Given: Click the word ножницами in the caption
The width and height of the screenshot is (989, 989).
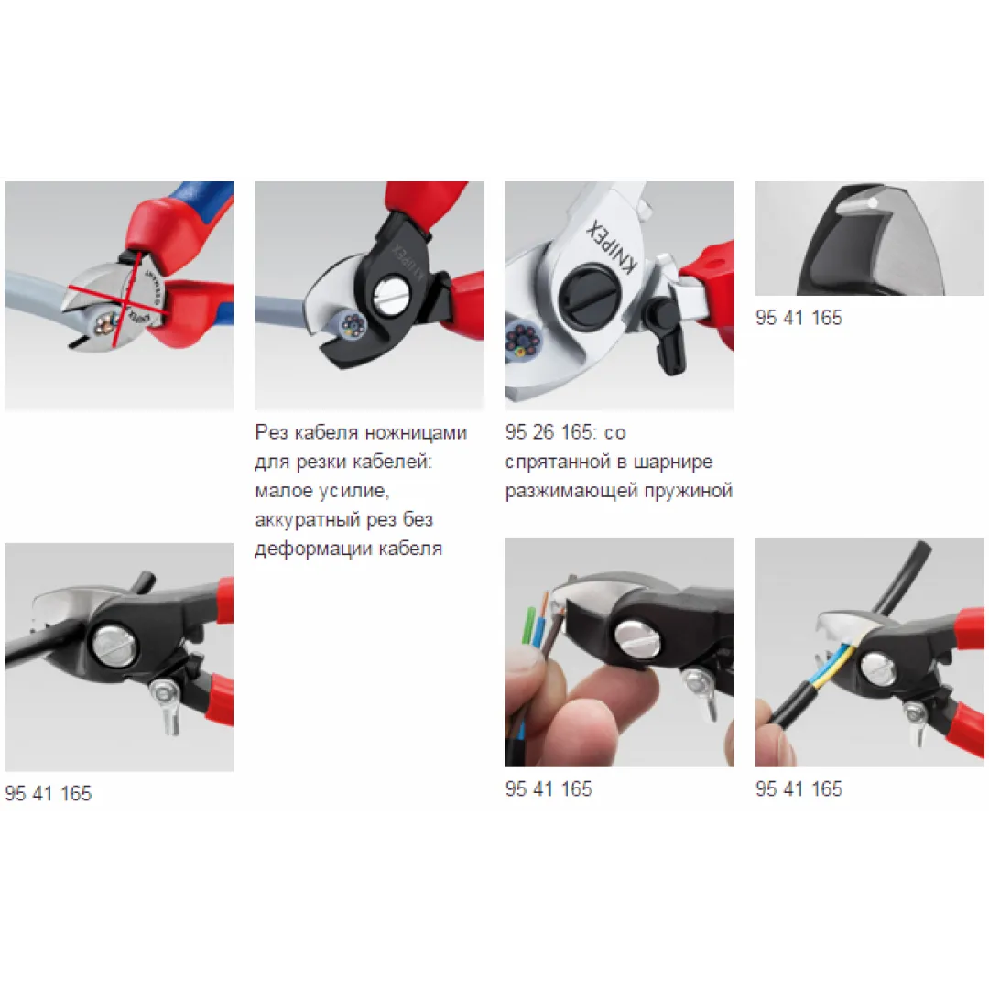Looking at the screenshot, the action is pos(416,432).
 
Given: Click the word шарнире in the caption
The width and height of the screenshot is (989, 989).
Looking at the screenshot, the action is pos(673,462).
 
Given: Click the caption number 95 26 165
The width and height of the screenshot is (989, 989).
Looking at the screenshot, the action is pos(549,432).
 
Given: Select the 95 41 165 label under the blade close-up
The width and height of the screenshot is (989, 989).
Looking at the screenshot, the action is pos(799,317).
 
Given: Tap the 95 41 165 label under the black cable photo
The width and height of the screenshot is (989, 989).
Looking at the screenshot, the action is pos(48,793).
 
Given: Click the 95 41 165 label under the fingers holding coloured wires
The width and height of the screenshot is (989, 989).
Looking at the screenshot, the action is pos(549,788).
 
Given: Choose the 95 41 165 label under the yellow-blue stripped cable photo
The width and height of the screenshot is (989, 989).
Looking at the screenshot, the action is pos(799,788).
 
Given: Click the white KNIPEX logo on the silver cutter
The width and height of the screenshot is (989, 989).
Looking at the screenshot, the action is pos(612,246).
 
